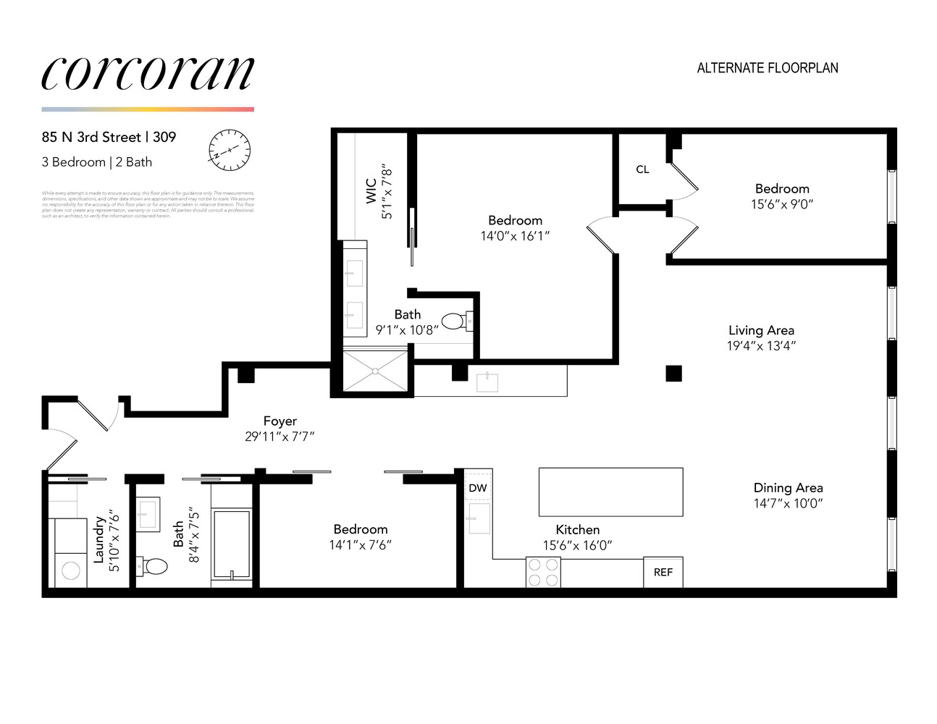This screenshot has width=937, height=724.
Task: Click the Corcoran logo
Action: click(148, 74)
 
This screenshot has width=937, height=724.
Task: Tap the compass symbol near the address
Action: click(230, 150)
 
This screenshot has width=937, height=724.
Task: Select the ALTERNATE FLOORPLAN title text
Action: click(767, 68)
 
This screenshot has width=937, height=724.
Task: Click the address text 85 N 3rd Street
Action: click(91, 137)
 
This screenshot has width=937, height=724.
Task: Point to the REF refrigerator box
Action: click(663, 572)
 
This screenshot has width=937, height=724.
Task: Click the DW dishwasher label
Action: click(478, 488)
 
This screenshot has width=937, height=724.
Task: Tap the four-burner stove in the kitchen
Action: click(543, 572)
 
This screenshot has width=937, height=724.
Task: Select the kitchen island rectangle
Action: click(610, 492)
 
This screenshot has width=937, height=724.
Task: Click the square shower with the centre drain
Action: click(375, 371)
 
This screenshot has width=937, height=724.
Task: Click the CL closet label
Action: click(642, 169)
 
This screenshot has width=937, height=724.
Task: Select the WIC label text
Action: click(371, 191)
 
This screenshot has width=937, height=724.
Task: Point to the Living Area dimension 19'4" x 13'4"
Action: click(761, 346)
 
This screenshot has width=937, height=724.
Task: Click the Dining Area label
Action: click(788, 488)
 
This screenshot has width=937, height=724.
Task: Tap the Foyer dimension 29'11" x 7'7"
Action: click(280, 437)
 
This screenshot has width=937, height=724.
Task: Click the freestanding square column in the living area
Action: click(673, 374)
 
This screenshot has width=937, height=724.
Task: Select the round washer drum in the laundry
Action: click(71, 571)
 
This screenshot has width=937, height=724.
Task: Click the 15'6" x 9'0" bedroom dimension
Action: click(782, 204)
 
